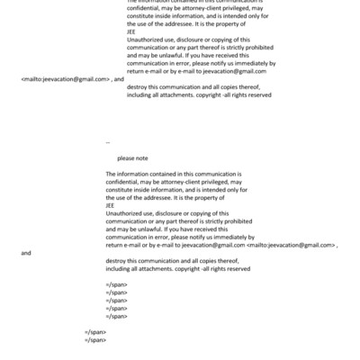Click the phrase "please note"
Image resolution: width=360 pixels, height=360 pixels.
tap(131, 157)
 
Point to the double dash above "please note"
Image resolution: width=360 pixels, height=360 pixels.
tap(107, 142)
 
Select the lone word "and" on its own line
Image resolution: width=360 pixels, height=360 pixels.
tap(25, 253)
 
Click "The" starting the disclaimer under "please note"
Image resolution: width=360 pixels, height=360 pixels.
tap(111, 172)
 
